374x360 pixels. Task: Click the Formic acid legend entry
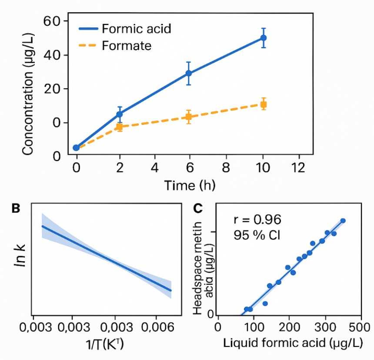pos(125,29)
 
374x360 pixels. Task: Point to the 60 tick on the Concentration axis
pos(54,21)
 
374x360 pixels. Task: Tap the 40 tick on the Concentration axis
pos(54,55)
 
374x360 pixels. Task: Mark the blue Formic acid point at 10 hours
pos(263,38)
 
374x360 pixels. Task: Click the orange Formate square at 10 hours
pos(263,104)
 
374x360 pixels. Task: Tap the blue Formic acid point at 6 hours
pos(188,73)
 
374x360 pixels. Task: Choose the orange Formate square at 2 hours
pos(119,127)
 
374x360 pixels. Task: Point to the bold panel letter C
pos(197,208)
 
